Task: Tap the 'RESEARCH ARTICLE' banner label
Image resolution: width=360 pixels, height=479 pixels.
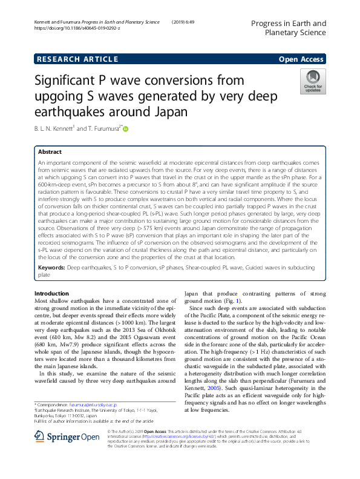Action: (77, 59)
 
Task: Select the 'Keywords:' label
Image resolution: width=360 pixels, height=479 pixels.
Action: (52, 266)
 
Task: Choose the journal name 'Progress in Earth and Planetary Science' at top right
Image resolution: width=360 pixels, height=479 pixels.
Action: (287, 28)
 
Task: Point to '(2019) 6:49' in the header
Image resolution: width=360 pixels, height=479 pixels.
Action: (186, 22)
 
